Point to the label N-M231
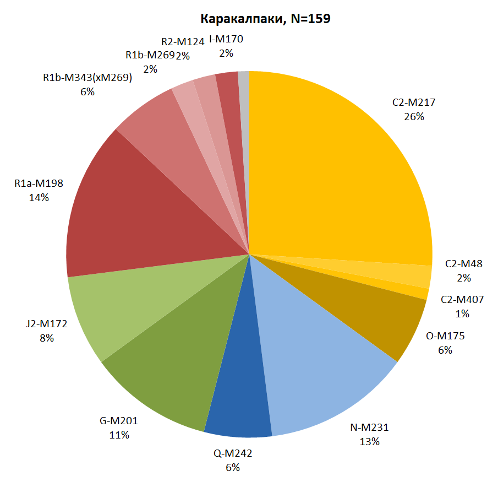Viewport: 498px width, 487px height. (x=369, y=428)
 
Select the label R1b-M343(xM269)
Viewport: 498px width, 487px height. (x=87, y=78)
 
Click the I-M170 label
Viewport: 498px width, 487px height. (x=226, y=39)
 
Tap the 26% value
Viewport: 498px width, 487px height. (x=414, y=116)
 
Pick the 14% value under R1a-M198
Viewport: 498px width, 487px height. (x=39, y=196)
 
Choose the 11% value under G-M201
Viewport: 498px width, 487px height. (x=119, y=435)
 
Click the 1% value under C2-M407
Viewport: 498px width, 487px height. (x=462, y=313)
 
